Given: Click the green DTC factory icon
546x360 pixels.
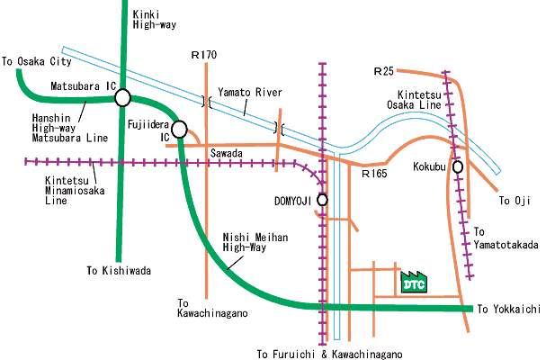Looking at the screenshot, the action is click(414, 282).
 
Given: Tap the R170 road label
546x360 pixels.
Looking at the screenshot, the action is click(204, 55).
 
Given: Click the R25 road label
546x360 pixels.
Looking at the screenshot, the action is click(384, 71).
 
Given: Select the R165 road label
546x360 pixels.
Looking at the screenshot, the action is click(374, 173).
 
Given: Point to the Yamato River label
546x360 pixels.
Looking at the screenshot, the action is click(250, 93).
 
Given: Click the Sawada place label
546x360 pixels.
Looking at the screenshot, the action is click(227, 153).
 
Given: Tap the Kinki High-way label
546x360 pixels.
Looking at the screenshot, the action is click(154, 20).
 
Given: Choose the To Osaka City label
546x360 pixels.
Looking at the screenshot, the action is click(37, 62).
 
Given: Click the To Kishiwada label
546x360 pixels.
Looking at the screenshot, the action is click(119, 270).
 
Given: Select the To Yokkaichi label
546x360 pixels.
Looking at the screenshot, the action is click(509, 309).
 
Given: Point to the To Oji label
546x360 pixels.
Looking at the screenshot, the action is click(515, 201).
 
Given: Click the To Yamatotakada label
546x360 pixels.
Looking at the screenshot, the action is click(506, 238).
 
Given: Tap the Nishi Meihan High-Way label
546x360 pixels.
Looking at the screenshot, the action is click(255, 242).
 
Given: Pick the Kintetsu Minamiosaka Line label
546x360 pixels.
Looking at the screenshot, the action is click(75, 190).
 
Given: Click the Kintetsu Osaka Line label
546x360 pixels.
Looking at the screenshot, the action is click(415, 100).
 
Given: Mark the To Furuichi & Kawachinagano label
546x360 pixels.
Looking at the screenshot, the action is click(330, 354).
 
